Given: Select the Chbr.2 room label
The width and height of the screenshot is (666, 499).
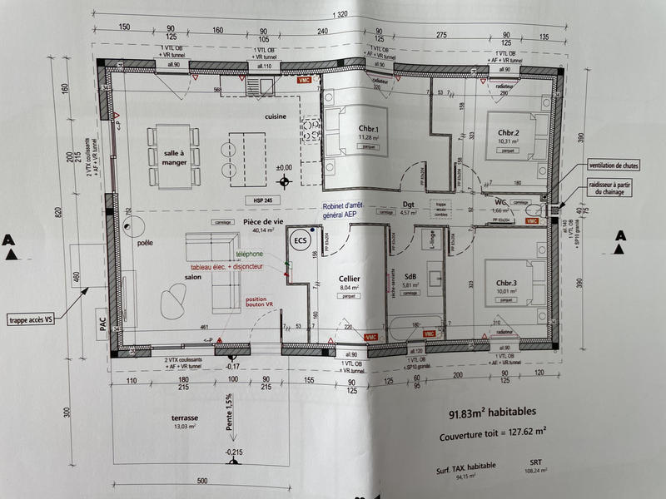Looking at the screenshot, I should pos(508,133).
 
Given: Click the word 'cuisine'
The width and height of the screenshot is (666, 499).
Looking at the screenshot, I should pos(277,117).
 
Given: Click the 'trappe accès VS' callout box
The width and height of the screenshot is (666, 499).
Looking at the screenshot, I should pos(40,319).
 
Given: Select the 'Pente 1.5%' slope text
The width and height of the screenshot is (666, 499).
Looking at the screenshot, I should pos(227,416).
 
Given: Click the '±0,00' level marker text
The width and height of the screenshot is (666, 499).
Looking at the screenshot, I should pos(285,167).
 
